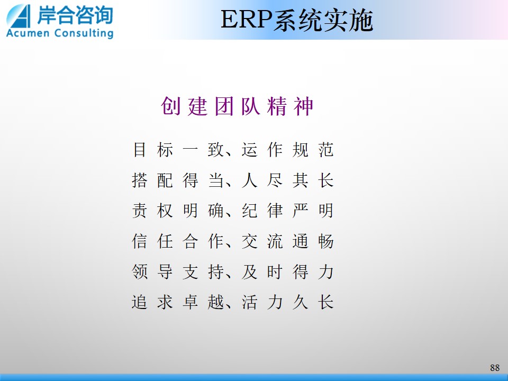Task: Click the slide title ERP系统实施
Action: coord(297,20)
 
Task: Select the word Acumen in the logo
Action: coord(28,33)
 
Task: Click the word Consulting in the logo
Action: coord(84,33)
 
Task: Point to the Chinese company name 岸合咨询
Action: coord(75,15)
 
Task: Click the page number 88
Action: coord(495,367)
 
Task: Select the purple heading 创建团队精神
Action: coord(237,106)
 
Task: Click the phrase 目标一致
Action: coord(178,150)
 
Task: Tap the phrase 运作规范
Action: coord(287,150)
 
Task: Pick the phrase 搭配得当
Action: coord(178,180)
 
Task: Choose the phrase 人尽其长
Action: coord(287,180)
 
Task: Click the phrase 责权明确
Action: coord(178,211)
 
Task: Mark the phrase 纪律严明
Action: coord(287,211)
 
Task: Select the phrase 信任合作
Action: coord(178,241)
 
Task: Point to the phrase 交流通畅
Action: coord(287,241)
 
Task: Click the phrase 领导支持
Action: coord(178,272)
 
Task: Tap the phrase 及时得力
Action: coord(287,272)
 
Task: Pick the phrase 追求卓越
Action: coord(178,302)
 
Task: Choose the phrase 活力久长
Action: coord(287,302)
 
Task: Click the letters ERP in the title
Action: coord(246,20)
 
